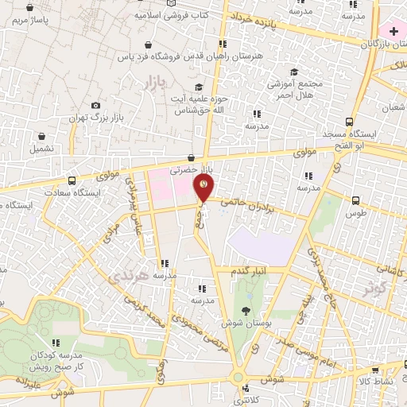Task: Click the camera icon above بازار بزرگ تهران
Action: tap(96, 106)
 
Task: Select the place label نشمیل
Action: tap(42, 148)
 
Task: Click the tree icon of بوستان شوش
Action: tap(245, 311)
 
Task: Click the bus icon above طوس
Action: tap(355, 200)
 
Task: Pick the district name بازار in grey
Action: tap(155, 80)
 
